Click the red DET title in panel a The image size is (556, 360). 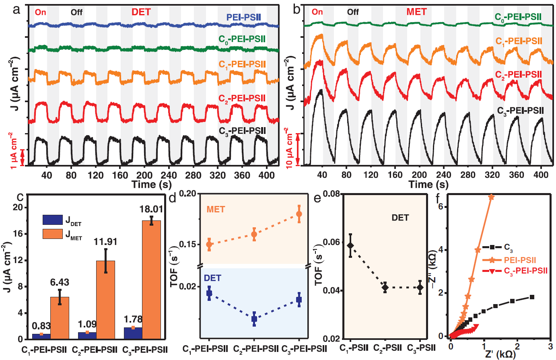pyautogui.click(x=141, y=12)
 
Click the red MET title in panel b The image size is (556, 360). pyautogui.click(x=416, y=12)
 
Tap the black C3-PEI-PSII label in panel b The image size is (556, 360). pyautogui.click(x=521, y=111)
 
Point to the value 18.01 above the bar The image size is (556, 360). pyautogui.click(x=151, y=209)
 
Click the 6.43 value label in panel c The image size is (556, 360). pyautogui.click(x=60, y=283)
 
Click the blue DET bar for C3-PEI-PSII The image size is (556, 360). pyautogui.click(x=133, y=333)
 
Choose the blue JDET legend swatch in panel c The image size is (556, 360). pyautogui.click(x=53, y=220)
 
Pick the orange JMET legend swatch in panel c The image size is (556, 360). pyautogui.click(x=53, y=234)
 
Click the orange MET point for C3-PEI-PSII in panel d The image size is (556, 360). pyautogui.click(x=299, y=214)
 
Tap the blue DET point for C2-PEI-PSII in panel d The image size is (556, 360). pyautogui.click(x=254, y=319)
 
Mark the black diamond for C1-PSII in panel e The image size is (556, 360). pyautogui.click(x=351, y=245)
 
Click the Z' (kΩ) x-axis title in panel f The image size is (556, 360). pyautogui.click(x=500, y=354)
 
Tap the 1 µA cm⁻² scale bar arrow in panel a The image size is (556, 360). pyautogui.click(x=23, y=157)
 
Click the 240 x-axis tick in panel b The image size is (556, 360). pyautogui.click(x=444, y=175)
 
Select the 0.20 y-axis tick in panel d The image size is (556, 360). pyautogui.click(x=188, y=193)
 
